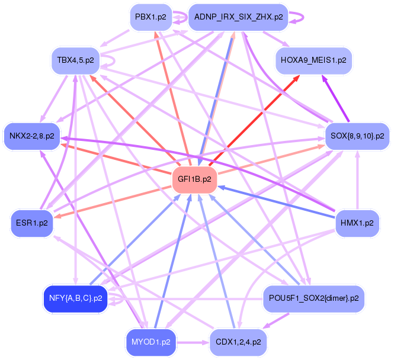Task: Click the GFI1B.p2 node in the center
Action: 194,179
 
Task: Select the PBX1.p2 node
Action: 150,17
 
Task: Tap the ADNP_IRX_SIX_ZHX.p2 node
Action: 238,17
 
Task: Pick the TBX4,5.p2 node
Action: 75,60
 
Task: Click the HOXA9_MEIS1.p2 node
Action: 313,60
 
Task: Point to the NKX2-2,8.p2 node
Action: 32,136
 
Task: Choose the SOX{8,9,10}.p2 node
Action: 357,136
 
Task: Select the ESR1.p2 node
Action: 32,223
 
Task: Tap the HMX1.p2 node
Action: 357,223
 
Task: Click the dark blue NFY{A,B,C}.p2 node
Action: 76,298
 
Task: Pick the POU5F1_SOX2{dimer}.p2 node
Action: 313,298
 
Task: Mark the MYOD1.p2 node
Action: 150,342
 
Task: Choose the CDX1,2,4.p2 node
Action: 238,342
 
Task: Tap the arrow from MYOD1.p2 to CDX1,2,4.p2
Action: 193,342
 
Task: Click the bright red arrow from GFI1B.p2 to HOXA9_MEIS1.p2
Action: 254,121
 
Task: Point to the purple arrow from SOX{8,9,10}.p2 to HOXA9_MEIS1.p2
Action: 335,99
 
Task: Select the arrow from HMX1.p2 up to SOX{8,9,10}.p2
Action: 357,180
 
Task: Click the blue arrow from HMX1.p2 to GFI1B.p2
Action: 276,201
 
